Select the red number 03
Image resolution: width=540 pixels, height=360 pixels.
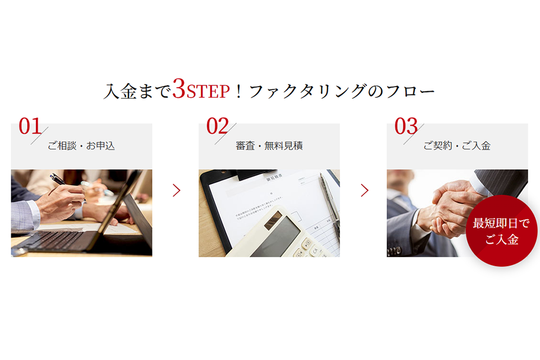[x=406, y=127]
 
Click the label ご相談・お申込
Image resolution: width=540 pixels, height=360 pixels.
[x=81, y=146]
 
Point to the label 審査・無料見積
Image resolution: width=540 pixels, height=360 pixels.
[x=269, y=146]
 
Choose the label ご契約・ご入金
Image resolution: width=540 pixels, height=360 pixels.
[x=457, y=146]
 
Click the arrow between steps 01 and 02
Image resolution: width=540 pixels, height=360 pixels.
[x=177, y=191]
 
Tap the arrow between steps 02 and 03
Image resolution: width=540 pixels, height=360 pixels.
[x=364, y=191]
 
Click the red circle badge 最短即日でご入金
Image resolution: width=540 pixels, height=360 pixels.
[x=501, y=231]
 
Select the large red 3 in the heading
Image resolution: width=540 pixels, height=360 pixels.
[x=179, y=89]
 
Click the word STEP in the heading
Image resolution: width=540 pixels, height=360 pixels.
[x=208, y=92]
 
